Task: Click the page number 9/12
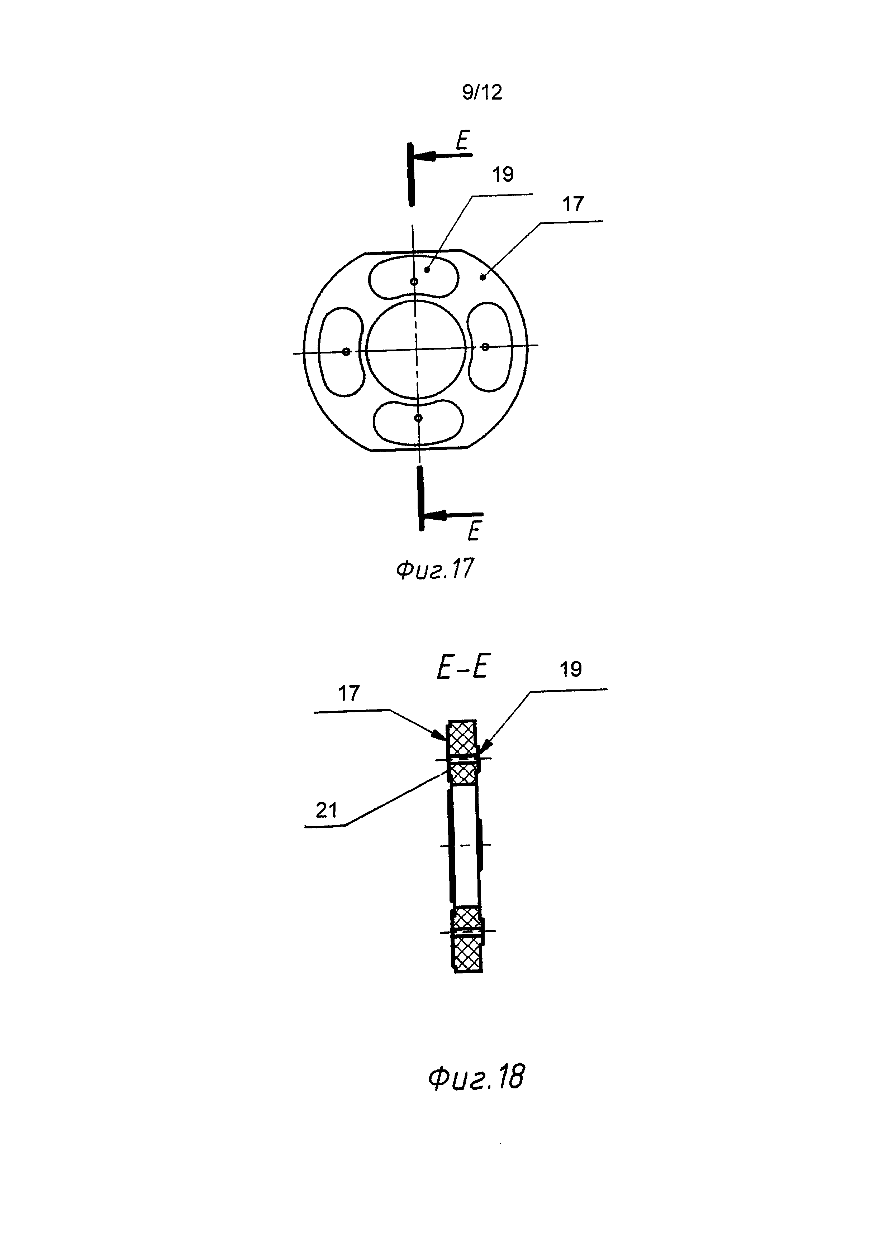coord(482,92)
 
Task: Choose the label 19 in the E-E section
coord(571,669)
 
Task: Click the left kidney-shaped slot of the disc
coord(341,351)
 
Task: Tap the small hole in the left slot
coord(346,352)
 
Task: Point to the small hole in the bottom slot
coord(418,418)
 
